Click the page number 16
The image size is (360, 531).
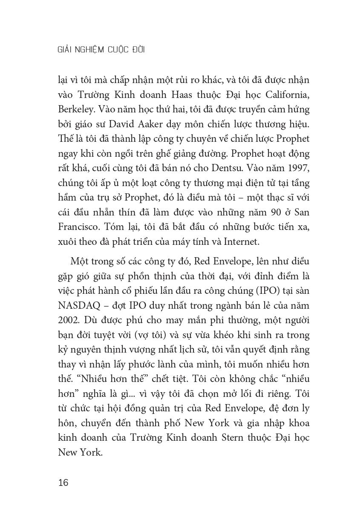click(63, 483)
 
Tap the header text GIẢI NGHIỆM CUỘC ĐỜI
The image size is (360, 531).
click(101, 50)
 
